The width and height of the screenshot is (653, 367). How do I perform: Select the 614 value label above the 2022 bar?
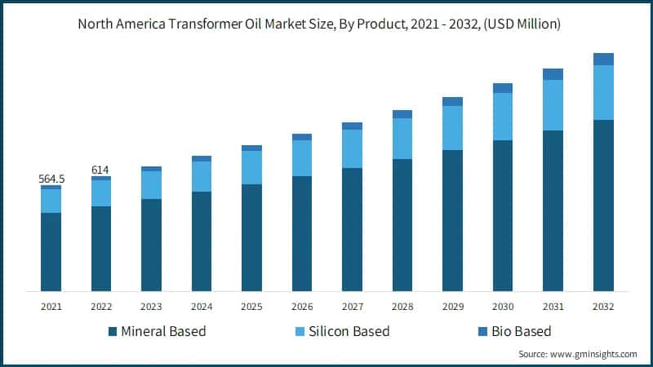pyautogui.click(x=100, y=169)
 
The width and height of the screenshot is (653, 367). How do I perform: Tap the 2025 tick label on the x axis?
pyautogui.click(x=251, y=307)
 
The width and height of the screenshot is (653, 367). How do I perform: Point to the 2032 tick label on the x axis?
pyautogui.click(x=603, y=307)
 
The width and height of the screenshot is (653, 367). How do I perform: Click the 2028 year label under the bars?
pyautogui.click(x=402, y=307)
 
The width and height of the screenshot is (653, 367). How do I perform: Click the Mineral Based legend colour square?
pyautogui.click(x=112, y=332)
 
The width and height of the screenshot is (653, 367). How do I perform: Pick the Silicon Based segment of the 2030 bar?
pyautogui.click(x=503, y=117)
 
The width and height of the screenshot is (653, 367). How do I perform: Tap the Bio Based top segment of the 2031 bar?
pyautogui.click(x=553, y=74)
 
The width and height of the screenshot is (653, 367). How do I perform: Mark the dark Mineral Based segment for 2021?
pyautogui.click(x=51, y=252)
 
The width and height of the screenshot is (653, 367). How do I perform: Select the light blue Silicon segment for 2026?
pyautogui.click(x=302, y=158)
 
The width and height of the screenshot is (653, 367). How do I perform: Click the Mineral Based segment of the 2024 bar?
pyautogui.click(x=202, y=241)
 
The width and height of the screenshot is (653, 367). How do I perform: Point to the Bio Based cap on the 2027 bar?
pyautogui.click(x=352, y=126)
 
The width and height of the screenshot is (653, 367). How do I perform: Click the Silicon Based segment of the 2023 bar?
pyautogui.click(x=151, y=185)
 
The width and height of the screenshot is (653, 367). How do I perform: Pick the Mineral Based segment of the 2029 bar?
pyautogui.click(x=452, y=220)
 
